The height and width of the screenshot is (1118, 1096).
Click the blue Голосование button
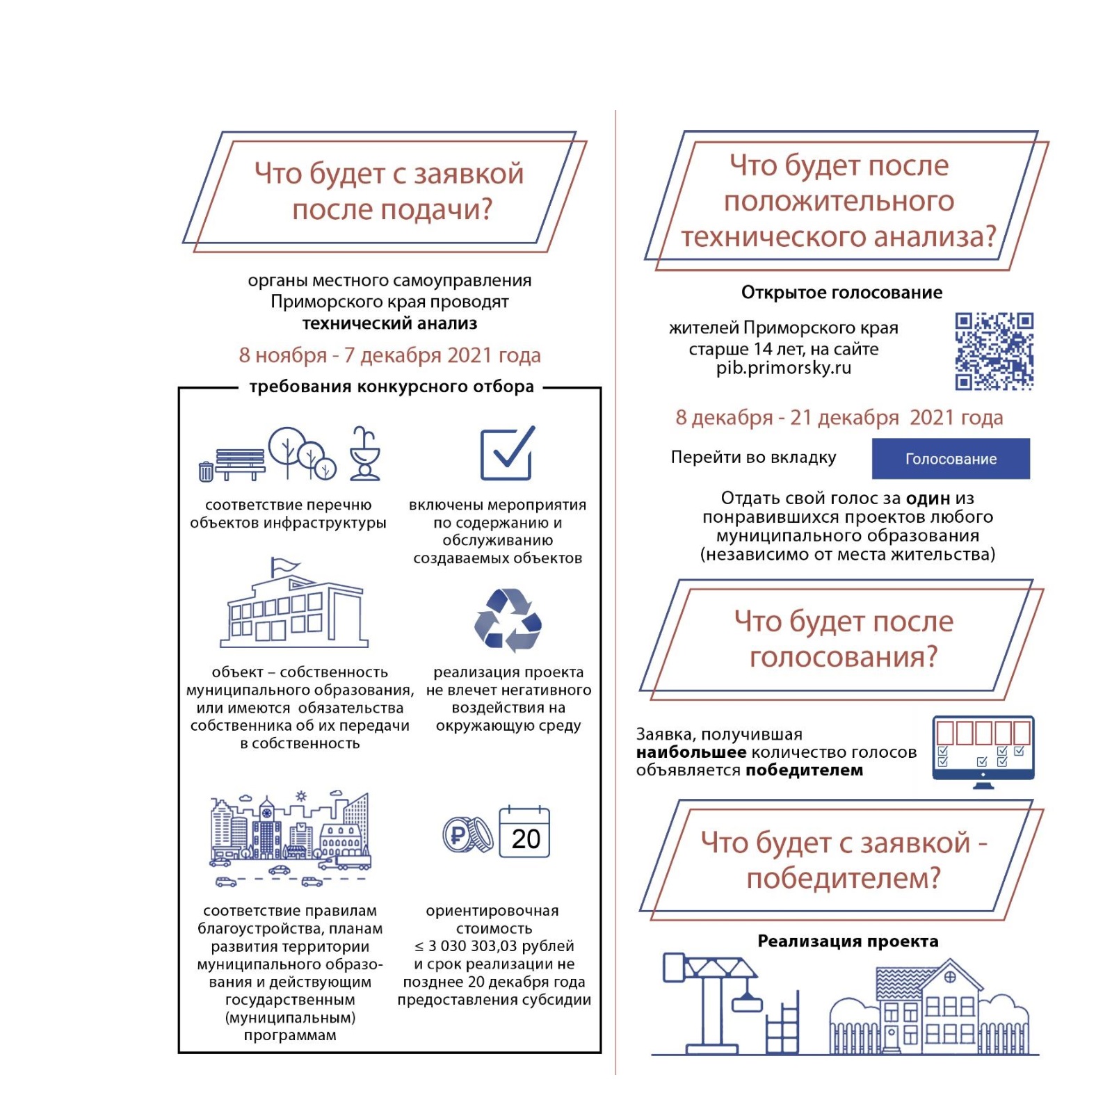[x=950, y=458]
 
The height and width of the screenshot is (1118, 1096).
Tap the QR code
[x=994, y=351]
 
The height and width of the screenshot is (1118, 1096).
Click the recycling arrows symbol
[x=508, y=620]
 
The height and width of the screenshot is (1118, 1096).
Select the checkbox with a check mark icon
[x=508, y=453]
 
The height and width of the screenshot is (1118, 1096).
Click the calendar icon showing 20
[x=524, y=832]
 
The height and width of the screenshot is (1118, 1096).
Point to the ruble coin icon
[x=460, y=834]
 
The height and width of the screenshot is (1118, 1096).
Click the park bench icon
[x=241, y=463]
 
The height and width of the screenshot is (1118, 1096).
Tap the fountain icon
[x=364, y=453]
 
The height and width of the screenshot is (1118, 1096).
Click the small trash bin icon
[x=206, y=471]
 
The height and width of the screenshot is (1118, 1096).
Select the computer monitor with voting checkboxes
[x=983, y=750]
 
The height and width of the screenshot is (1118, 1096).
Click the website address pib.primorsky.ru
[x=784, y=368]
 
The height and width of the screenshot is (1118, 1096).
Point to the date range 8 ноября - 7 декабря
[x=389, y=355]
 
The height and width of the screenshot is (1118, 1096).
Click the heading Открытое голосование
[x=841, y=293]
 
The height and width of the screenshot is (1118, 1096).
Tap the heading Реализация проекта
[x=848, y=941]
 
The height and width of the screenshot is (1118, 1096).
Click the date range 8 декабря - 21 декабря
[x=839, y=418]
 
